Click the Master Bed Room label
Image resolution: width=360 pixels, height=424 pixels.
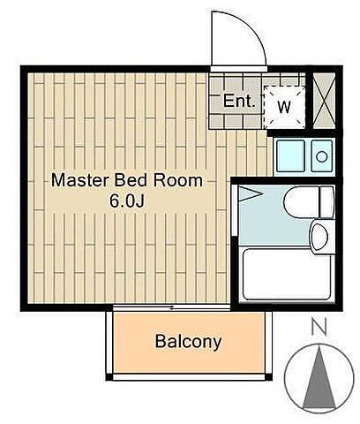click(x=127, y=180)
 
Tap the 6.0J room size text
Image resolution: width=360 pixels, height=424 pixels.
click(x=127, y=201)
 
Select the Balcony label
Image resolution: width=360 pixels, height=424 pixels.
click(x=188, y=342)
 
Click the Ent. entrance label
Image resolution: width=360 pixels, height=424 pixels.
click(x=239, y=101)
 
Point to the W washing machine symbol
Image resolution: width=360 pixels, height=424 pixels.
click(x=284, y=107)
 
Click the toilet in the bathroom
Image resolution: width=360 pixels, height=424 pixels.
click(x=309, y=201)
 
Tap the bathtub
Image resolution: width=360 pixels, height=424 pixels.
click(x=287, y=274)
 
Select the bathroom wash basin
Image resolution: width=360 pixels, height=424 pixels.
click(x=320, y=236)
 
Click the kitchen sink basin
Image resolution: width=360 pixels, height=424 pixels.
click(x=290, y=155)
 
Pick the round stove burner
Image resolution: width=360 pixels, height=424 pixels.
click(x=322, y=156)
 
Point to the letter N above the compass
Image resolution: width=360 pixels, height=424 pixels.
click(x=319, y=327)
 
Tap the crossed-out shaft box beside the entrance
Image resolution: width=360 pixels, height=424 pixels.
click(x=324, y=101)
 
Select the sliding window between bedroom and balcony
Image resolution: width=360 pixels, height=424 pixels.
click(x=171, y=308)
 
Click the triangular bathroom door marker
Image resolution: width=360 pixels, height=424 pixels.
click(x=250, y=194)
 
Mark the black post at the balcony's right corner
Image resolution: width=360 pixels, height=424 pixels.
click(x=268, y=377)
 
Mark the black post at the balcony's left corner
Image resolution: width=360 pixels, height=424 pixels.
click(x=109, y=377)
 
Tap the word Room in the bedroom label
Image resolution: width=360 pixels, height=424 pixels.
click(x=178, y=180)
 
